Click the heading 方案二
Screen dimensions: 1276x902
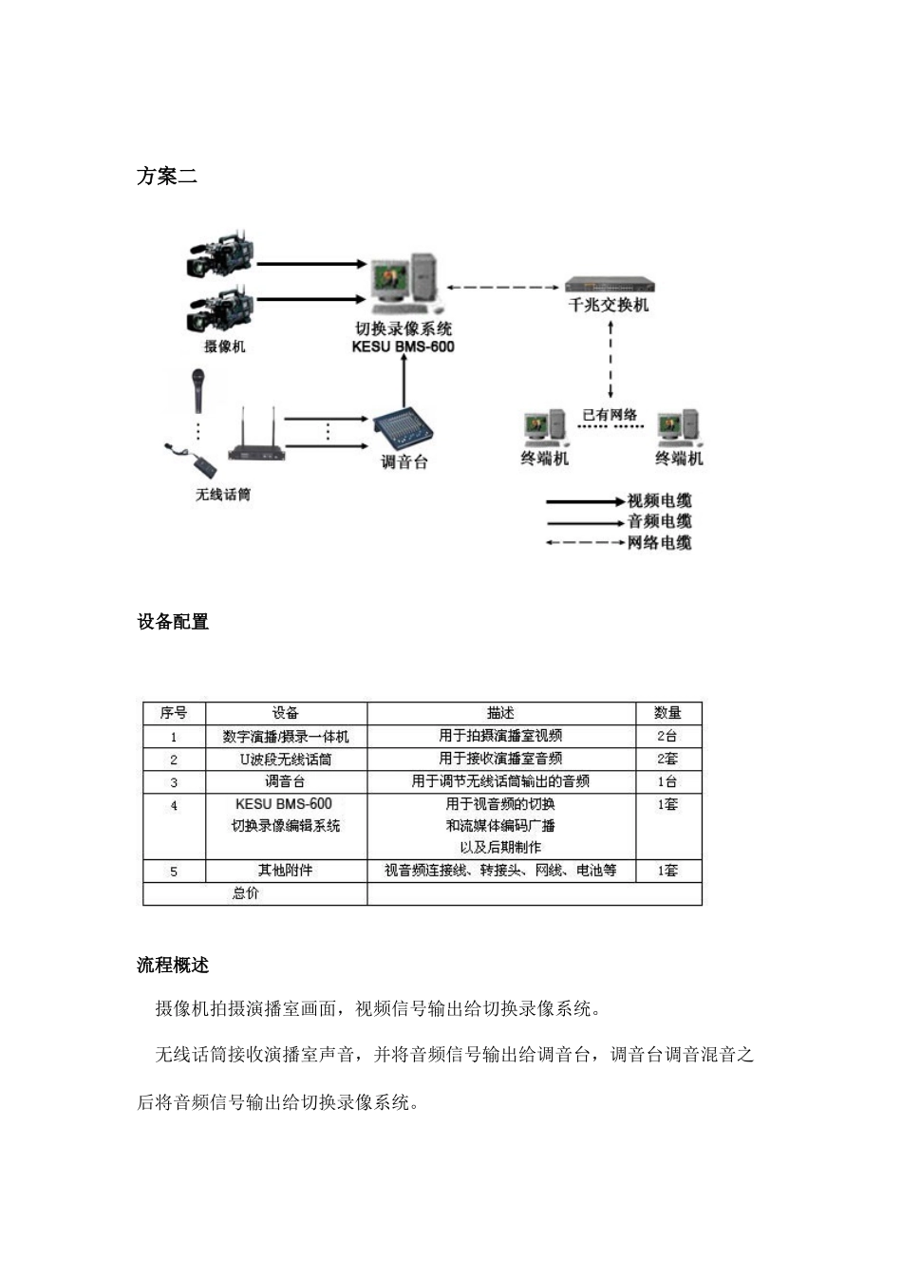click(167, 177)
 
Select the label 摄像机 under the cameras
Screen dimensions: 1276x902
click(224, 347)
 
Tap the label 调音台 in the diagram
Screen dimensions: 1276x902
click(404, 462)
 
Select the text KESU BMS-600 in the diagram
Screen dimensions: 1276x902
click(403, 347)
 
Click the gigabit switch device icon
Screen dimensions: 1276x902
click(610, 285)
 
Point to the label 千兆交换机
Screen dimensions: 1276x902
click(609, 305)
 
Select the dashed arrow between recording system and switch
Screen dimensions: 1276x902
click(502, 287)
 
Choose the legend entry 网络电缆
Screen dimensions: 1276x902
click(659, 543)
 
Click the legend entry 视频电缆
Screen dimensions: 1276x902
click(659, 501)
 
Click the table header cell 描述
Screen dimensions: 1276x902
click(500, 713)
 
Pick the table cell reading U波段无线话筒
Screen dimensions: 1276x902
click(286, 760)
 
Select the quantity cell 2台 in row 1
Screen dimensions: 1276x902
click(667, 736)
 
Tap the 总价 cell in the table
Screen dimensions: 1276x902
click(246, 893)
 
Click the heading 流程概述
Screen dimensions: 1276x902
click(173, 966)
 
